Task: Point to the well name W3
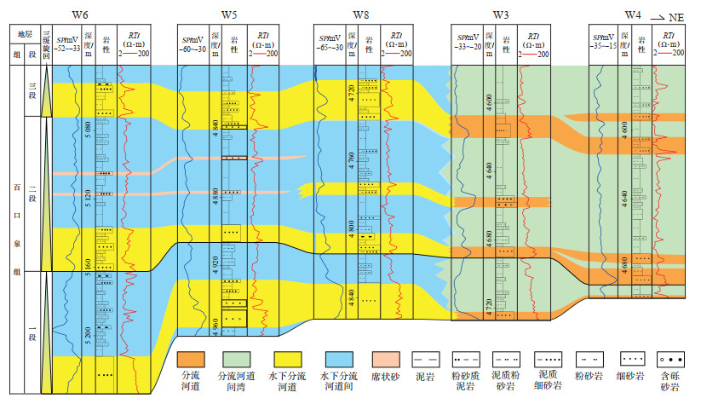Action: (x=501, y=15)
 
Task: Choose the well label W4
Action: (x=633, y=14)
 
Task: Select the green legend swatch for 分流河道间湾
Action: (x=242, y=355)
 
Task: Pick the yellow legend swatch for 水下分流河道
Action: (x=291, y=355)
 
